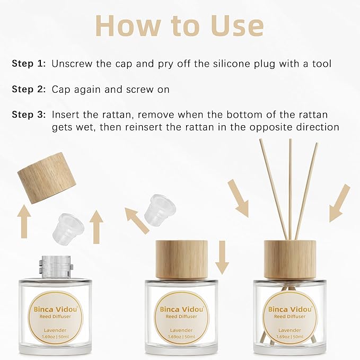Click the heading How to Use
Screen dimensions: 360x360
point(179,25)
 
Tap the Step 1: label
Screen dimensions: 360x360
point(29,64)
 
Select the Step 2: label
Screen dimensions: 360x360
point(29,90)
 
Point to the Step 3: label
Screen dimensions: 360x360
point(29,115)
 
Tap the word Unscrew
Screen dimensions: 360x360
point(72,64)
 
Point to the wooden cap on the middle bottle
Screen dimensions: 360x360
point(179,259)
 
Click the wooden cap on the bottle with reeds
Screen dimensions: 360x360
point(289,259)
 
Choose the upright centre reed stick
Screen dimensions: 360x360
point(291,186)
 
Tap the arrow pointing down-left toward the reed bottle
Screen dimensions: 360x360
point(339,203)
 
